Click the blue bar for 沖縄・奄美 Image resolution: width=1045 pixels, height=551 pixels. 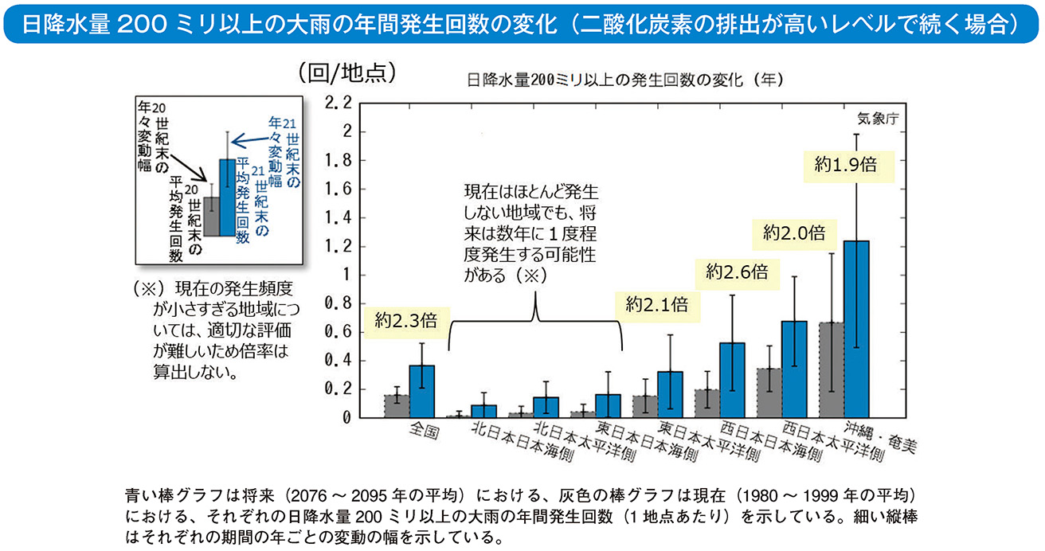coord(857,330)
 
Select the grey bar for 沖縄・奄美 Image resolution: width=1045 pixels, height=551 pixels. coord(831,370)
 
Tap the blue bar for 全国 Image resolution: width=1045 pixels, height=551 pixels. coord(422,391)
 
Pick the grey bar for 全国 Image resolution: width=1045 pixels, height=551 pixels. coord(396,405)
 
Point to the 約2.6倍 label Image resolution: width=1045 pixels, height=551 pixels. coord(737,272)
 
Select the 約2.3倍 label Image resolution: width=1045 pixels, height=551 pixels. coord(405,321)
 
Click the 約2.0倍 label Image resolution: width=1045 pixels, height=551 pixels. coord(793,233)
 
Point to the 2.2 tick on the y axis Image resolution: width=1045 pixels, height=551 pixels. coord(337,104)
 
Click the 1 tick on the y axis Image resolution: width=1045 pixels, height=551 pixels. coord(345,275)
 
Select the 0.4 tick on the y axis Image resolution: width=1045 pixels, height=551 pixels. coord(337,361)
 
